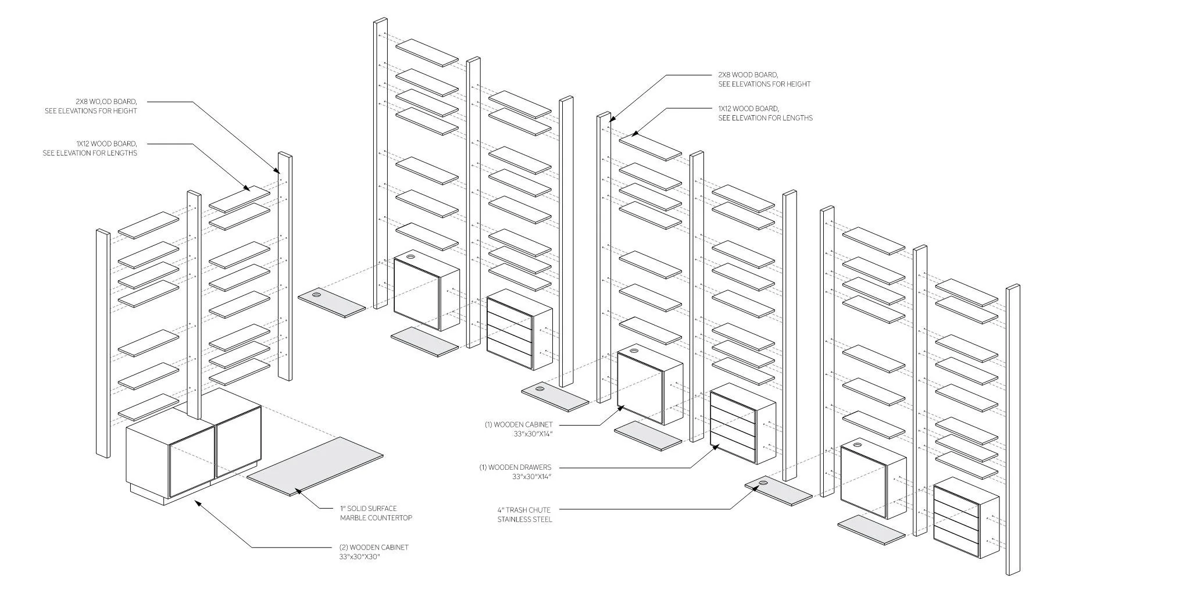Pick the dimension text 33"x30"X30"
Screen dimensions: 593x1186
[359, 556]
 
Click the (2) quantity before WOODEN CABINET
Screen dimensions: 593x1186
[344, 547]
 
